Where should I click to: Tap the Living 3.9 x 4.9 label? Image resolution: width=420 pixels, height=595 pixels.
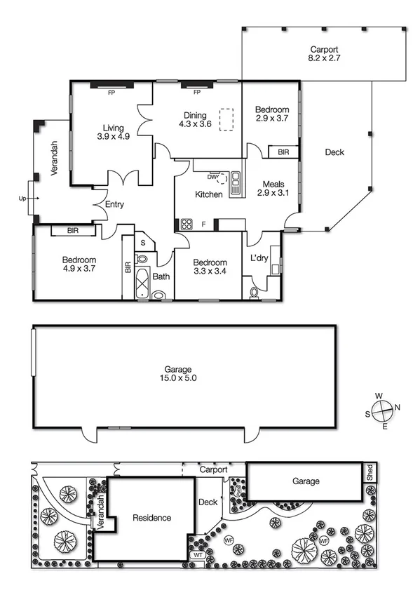[x=113, y=133]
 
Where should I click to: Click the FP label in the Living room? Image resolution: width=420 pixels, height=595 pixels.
[x=111, y=92]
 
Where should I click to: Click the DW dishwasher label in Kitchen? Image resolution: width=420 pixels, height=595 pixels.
[x=212, y=176]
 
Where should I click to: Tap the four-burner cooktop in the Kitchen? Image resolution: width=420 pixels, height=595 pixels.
[x=187, y=225]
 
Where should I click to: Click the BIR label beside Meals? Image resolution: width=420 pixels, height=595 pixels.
[x=283, y=152]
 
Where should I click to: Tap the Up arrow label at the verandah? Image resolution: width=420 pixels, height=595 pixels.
[x=22, y=199]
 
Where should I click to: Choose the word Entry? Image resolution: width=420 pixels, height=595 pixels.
[x=114, y=205]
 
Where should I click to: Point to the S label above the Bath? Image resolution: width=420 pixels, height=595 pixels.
[x=144, y=243]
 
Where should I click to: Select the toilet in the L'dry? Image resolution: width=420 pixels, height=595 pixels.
[x=254, y=291]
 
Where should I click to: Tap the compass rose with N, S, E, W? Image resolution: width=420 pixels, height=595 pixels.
[x=383, y=410]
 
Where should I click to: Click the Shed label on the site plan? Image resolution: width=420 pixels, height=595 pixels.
[x=369, y=474]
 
